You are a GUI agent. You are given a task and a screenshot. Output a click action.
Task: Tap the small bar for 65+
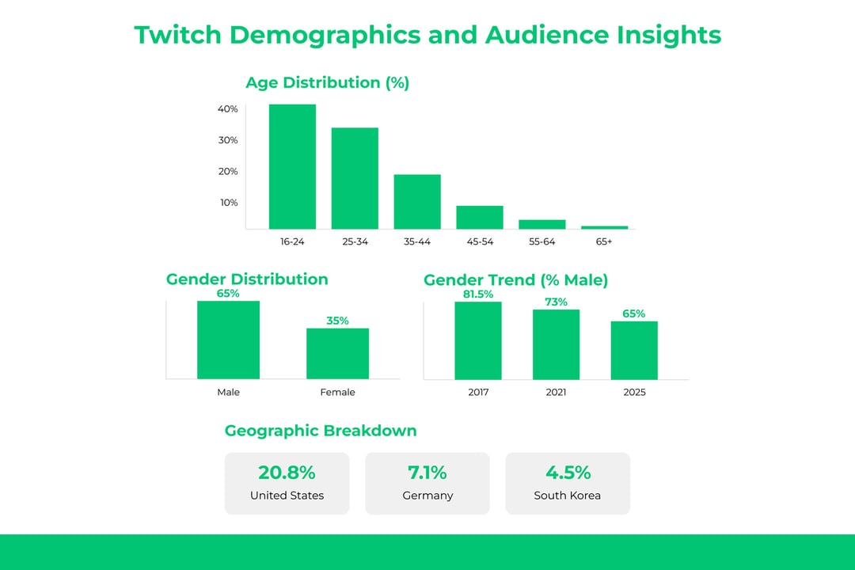click(604, 227)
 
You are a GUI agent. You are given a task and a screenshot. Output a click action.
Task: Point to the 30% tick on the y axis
click(228, 140)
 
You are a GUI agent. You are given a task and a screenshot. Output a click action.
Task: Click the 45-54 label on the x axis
click(479, 241)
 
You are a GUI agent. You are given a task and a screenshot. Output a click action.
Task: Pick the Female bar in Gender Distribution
click(337, 353)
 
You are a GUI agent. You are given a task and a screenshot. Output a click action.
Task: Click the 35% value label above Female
click(337, 321)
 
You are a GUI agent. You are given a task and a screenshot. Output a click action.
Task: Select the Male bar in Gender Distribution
click(228, 340)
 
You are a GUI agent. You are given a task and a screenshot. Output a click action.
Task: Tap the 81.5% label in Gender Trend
click(477, 294)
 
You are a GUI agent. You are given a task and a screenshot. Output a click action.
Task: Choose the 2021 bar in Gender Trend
click(556, 344)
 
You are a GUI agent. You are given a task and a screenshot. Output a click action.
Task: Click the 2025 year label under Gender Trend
click(634, 392)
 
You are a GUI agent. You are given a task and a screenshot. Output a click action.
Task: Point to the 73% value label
click(556, 302)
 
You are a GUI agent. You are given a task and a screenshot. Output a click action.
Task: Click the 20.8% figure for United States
click(287, 473)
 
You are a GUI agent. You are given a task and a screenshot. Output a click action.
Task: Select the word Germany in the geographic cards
click(427, 496)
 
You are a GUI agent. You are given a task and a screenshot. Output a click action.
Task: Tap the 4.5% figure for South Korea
click(568, 473)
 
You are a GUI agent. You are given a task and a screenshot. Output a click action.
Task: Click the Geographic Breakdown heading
click(321, 431)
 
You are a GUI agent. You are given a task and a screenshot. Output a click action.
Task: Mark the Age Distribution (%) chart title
click(327, 82)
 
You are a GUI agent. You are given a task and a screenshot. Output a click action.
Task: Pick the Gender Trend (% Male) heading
click(515, 279)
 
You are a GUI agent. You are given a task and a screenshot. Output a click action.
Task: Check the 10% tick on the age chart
click(228, 203)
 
